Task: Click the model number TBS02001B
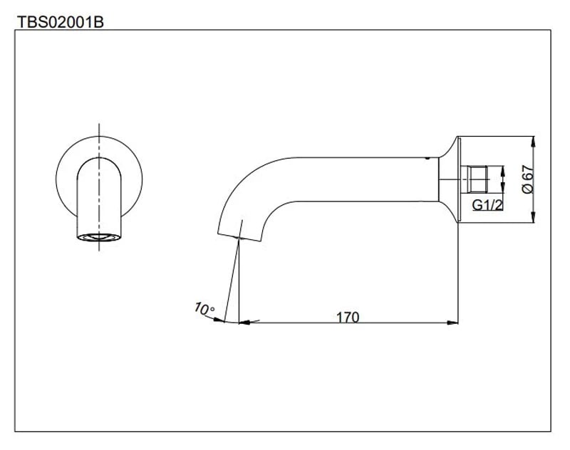pos(61,21)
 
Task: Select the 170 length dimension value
pos(348,317)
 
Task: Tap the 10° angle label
pos(204,309)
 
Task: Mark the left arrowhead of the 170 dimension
pos(244,323)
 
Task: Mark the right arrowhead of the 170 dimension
pos(452,323)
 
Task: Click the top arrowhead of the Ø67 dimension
pos(534,140)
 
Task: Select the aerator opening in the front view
pos(99,237)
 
